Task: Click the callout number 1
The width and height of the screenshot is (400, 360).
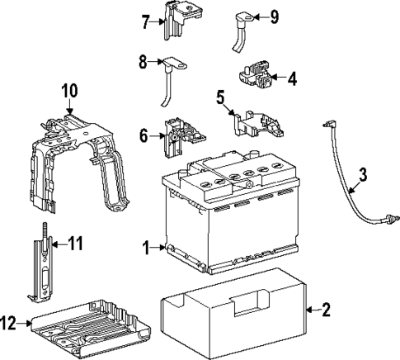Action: pyautogui.click(x=146, y=247)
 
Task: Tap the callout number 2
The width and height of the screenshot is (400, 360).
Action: pyautogui.click(x=326, y=310)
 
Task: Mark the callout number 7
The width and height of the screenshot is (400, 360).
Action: pyautogui.click(x=146, y=21)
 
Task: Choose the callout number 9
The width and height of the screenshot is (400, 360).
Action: pyautogui.click(x=275, y=16)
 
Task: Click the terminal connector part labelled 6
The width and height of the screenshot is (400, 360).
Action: pyautogui.click(x=181, y=136)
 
